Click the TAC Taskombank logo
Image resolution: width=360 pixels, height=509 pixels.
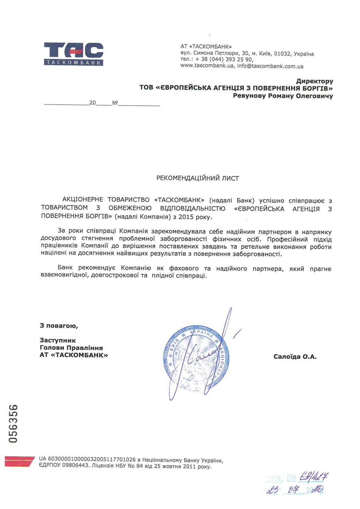click(x=74, y=54)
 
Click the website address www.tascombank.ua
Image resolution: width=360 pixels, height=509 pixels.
click(x=207, y=66)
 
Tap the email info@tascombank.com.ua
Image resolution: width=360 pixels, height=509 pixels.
click(x=270, y=66)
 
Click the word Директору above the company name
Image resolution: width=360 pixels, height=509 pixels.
click(x=314, y=81)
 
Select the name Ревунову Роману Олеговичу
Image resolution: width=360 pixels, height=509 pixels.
click(x=283, y=96)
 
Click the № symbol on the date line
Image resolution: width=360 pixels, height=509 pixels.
click(x=115, y=103)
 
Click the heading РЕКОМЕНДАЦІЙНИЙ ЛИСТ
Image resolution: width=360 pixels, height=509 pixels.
click(x=198, y=178)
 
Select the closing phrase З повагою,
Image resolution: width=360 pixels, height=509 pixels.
click(x=59, y=326)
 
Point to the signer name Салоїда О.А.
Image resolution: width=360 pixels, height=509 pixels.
click(x=295, y=356)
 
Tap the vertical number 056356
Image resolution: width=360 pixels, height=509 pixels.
click(x=14, y=423)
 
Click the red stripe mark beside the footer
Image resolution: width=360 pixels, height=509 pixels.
click(x=19, y=461)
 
